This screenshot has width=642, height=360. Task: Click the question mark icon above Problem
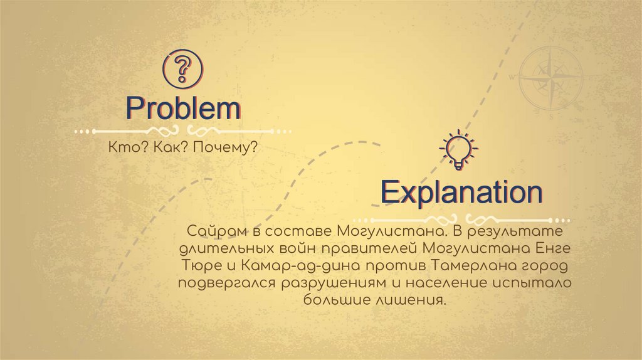[x=182, y=68]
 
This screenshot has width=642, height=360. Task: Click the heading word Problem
[x=182, y=109]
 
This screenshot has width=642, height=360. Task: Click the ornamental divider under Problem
[x=182, y=131]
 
